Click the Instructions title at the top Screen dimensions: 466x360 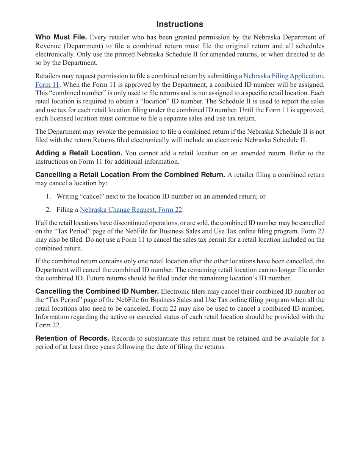180,24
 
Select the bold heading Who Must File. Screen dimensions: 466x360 61,37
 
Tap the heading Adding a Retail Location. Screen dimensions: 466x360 78,153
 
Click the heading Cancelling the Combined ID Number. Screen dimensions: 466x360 97,291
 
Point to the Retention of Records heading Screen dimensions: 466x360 72,338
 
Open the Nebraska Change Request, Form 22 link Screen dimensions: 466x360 131,210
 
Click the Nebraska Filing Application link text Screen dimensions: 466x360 284,76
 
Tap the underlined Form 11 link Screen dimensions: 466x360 47,84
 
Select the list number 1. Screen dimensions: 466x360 48,196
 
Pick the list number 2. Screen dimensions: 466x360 48,210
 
